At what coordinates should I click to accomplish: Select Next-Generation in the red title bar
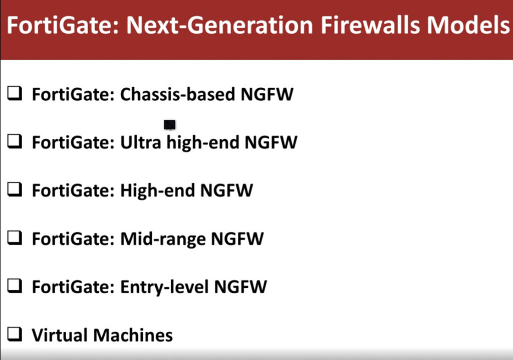(220, 25)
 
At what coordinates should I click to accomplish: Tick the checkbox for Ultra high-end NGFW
(15, 141)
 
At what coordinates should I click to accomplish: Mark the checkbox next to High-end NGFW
(15, 190)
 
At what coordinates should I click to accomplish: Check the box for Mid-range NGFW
(15, 238)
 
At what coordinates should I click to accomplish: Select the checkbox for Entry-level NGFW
(15, 286)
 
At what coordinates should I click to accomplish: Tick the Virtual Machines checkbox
(15, 334)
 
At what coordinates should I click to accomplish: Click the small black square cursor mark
(169, 124)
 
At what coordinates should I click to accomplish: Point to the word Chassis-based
(178, 94)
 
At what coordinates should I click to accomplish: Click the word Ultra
(141, 142)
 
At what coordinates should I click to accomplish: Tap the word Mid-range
(163, 239)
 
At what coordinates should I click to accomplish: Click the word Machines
(133, 335)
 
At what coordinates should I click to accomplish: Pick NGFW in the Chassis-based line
(267, 94)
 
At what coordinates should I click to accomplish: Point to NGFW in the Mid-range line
(237, 239)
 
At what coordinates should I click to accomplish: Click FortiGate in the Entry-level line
(73, 287)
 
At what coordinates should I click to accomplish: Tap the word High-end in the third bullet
(158, 191)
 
